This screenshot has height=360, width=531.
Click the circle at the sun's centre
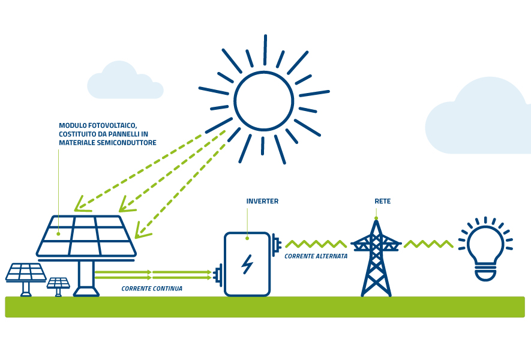(x=263, y=100)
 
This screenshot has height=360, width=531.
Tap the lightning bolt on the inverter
(x=247, y=264)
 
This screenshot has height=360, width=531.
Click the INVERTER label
(x=262, y=202)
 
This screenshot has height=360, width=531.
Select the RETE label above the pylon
(x=382, y=202)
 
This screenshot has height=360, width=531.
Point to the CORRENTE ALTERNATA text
(x=316, y=256)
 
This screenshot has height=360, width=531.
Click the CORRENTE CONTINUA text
(x=152, y=289)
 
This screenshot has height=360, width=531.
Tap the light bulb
(x=485, y=247)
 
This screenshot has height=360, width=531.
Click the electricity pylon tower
(x=376, y=261)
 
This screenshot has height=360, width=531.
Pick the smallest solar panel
(x=58, y=284)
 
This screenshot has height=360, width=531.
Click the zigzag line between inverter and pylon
(x=316, y=244)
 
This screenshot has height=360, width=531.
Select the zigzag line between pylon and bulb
(x=428, y=244)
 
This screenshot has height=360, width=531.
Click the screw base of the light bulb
(x=485, y=274)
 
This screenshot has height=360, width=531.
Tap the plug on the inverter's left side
(x=219, y=275)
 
